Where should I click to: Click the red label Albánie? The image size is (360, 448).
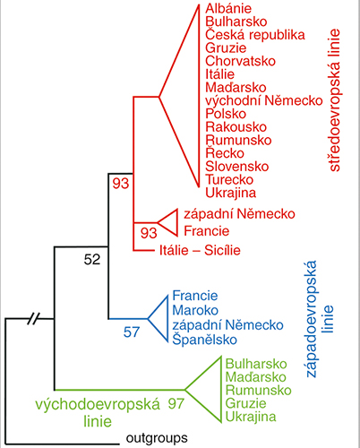click(x=228, y=8)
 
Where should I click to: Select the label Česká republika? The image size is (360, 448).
click(x=255, y=35)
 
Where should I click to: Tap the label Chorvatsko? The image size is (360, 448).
click(x=240, y=61)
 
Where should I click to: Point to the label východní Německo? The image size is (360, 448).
click(x=264, y=100)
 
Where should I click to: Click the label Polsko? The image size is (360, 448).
click(x=226, y=114)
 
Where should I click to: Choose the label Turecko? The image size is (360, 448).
click(x=229, y=179)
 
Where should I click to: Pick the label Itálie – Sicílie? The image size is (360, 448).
click(x=200, y=250)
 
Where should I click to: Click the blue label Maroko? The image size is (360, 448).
click(x=195, y=310)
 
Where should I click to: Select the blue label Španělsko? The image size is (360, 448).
click(x=204, y=340)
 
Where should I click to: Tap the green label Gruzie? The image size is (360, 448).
click(x=245, y=403)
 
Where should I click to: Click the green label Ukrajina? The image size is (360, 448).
click(x=251, y=417)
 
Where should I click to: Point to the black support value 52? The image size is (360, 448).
click(x=92, y=260)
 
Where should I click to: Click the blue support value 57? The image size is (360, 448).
click(x=132, y=332)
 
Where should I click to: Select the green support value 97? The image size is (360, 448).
click(x=176, y=404)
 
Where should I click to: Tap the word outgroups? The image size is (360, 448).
click(x=157, y=438)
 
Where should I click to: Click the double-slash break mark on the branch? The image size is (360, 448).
click(x=33, y=319)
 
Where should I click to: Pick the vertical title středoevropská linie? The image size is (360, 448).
click(x=335, y=100)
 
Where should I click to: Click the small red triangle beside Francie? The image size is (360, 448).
click(x=167, y=222)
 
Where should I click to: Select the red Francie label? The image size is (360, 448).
click(x=206, y=231)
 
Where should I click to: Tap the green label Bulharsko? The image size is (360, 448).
click(x=256, y=364)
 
